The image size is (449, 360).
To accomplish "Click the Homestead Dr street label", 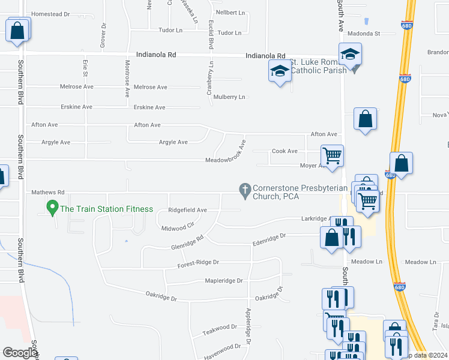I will [x=50, y=14].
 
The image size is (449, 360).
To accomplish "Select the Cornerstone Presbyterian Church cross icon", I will [x=244, y=191].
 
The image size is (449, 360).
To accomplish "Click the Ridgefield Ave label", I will [x=187, y=210].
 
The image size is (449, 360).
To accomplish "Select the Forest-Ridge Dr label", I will [x=199, y=263].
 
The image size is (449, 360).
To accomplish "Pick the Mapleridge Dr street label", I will [x=223, y=280].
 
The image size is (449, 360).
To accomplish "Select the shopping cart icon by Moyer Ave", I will [x=332, y=156].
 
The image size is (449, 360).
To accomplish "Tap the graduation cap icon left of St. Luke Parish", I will [x=279, y=71].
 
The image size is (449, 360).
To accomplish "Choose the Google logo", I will [x=19, y=353].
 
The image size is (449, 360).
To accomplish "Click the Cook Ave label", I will [x=285, y=151].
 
